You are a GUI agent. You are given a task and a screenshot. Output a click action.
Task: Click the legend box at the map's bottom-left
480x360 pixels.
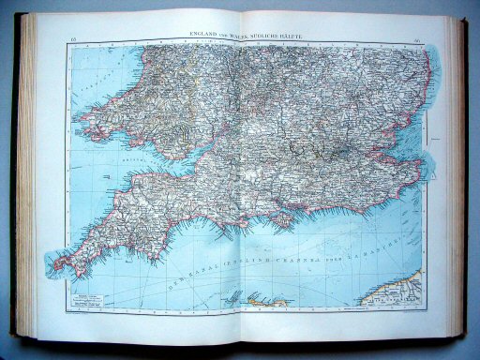point(95,294)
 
